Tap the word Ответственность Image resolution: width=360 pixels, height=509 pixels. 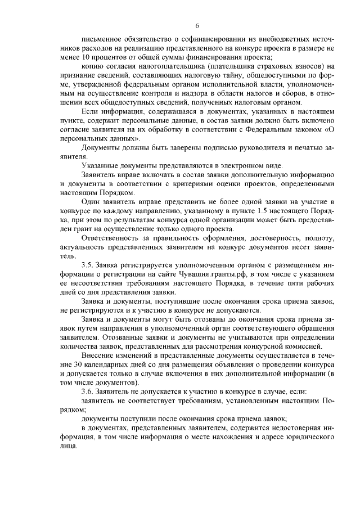[110, 237]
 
